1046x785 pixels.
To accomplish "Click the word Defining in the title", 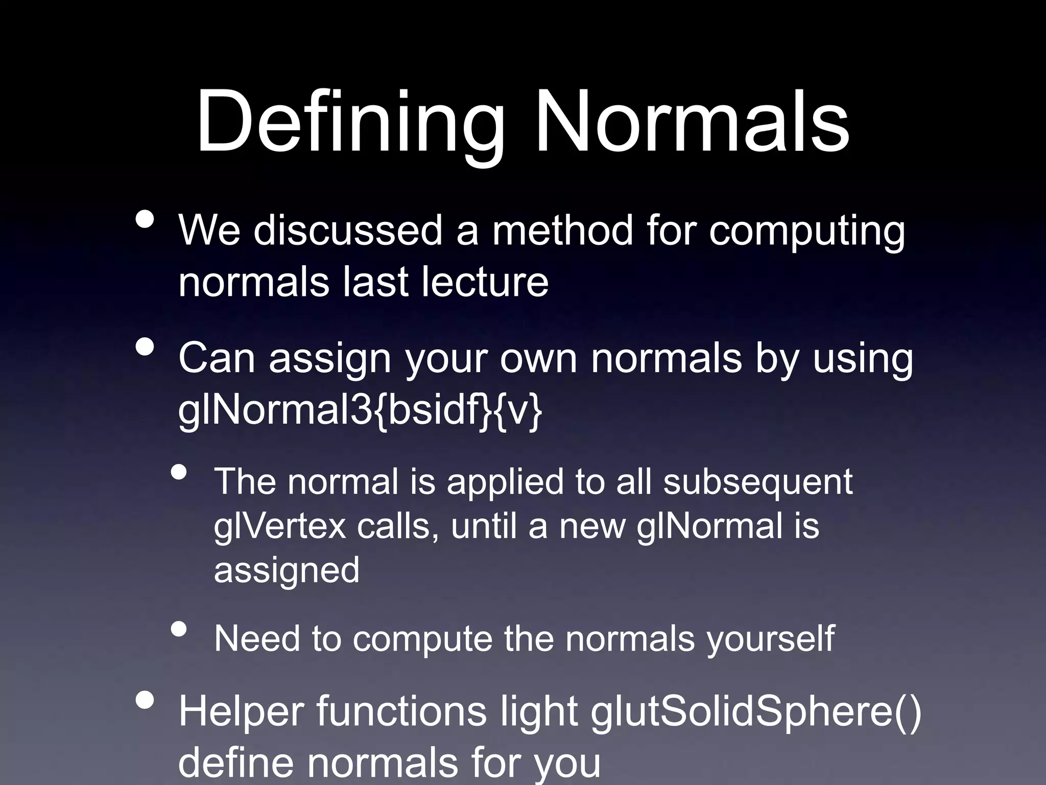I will tap(350, 123).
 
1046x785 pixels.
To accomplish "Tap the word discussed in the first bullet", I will tap(347, 230).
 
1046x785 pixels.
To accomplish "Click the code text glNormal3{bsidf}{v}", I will tap(360, 410).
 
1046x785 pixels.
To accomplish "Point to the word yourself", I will tap(771, 639).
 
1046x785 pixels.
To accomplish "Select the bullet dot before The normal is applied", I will tap(179, 473).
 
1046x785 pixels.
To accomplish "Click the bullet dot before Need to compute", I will tap(179, 629).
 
